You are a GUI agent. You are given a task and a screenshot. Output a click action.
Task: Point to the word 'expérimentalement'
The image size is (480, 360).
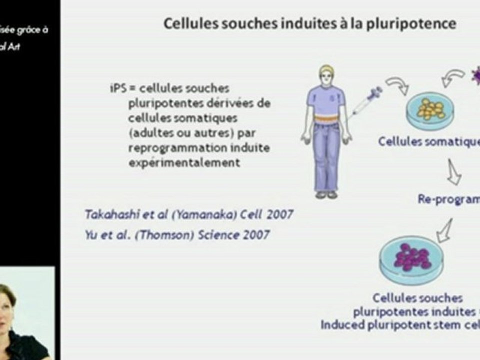(x=184, y=163)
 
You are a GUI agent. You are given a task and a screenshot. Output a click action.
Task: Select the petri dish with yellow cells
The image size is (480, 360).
(x=430, y=109)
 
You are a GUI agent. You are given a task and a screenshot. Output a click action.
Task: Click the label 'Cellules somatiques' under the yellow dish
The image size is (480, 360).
(x=428, y=141)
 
